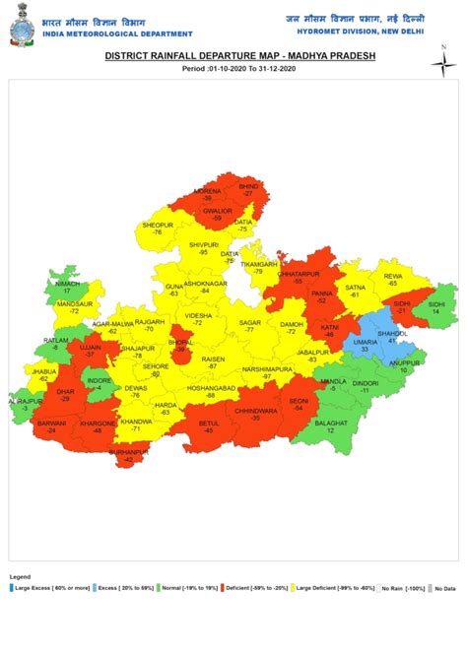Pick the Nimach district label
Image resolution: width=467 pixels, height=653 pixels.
[x=68, y=286]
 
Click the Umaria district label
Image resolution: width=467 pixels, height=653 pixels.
[x=364, y=343]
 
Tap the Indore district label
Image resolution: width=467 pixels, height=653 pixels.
[x=99, y=380]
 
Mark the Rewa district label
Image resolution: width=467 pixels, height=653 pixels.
[x=393, y=277]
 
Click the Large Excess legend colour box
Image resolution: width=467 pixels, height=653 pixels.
[x=12, y=587]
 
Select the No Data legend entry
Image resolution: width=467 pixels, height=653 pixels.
[x=441, y=587]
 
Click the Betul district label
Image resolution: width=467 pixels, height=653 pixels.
[x=209, y=424]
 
